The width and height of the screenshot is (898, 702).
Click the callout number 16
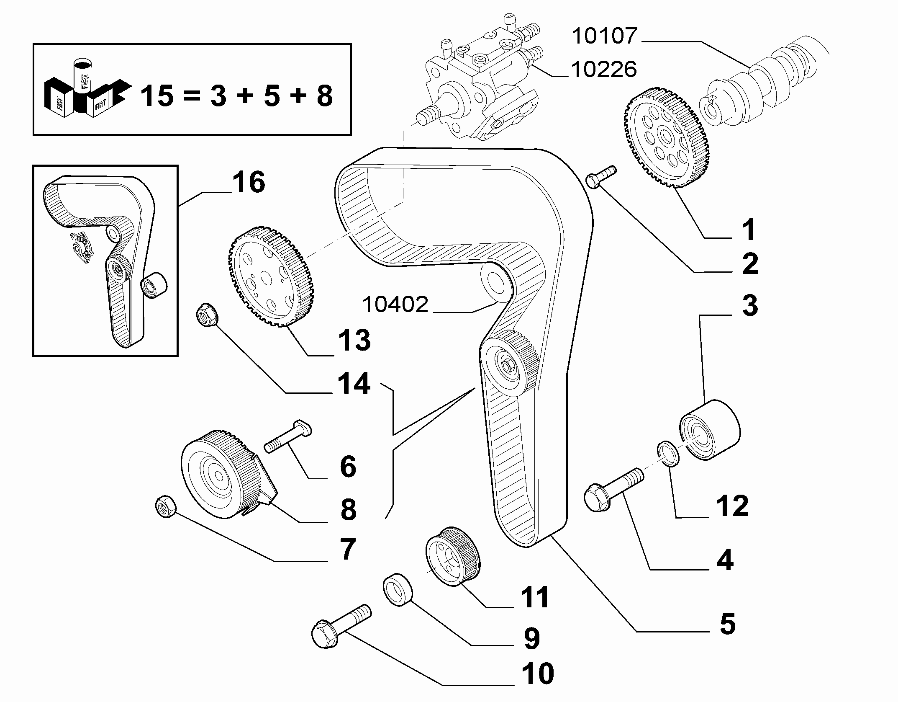(249, 183)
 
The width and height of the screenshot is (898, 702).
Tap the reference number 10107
(604, 36)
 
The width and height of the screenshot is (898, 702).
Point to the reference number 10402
(395, 305)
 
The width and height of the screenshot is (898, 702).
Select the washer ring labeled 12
(668, 453)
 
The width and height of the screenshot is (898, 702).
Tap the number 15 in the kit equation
(157, 96)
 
